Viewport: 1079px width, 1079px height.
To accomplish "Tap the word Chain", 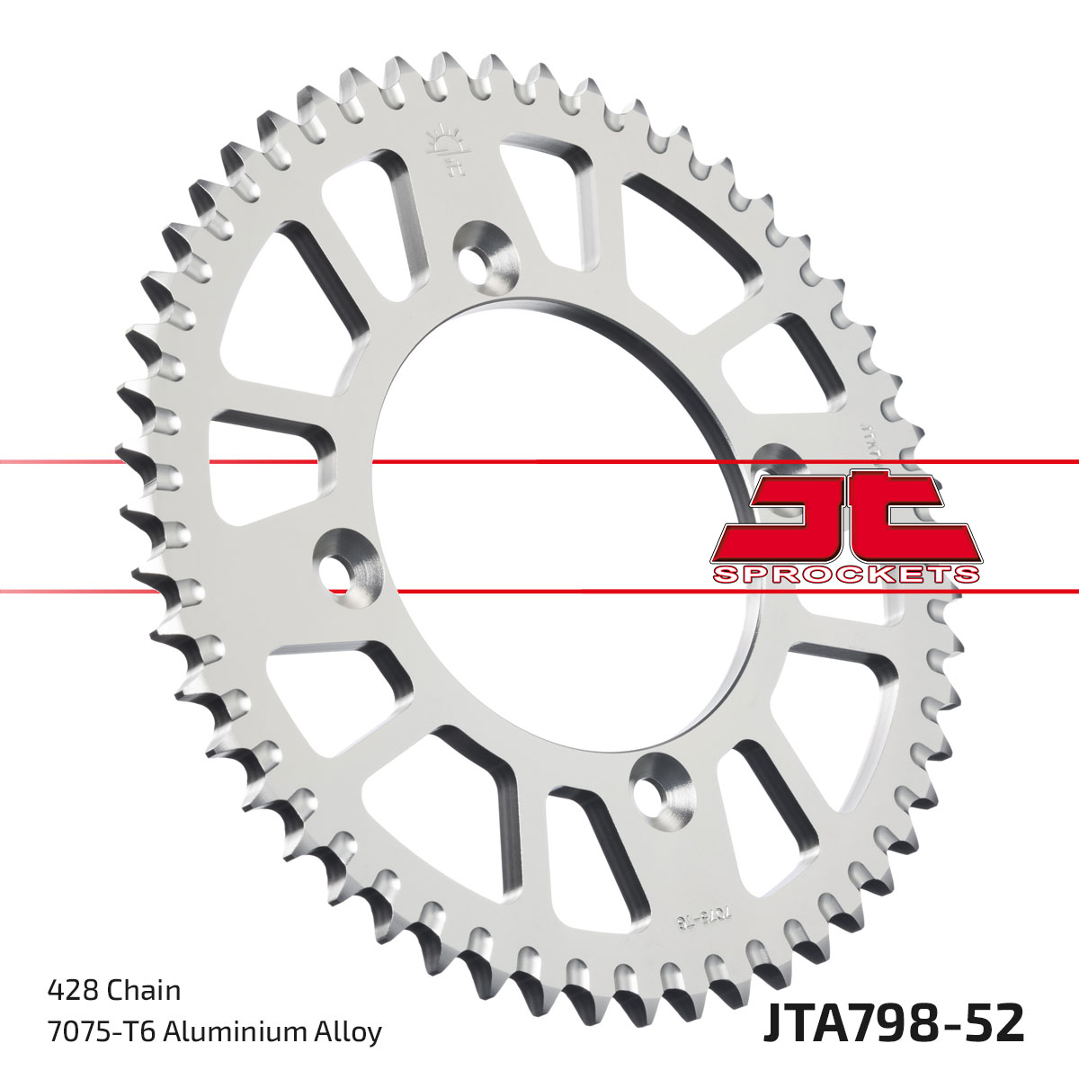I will coord(144,991).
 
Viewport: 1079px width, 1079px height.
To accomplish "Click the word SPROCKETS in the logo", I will coord(845,575).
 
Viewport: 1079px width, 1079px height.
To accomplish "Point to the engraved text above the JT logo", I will coord(866,432).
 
